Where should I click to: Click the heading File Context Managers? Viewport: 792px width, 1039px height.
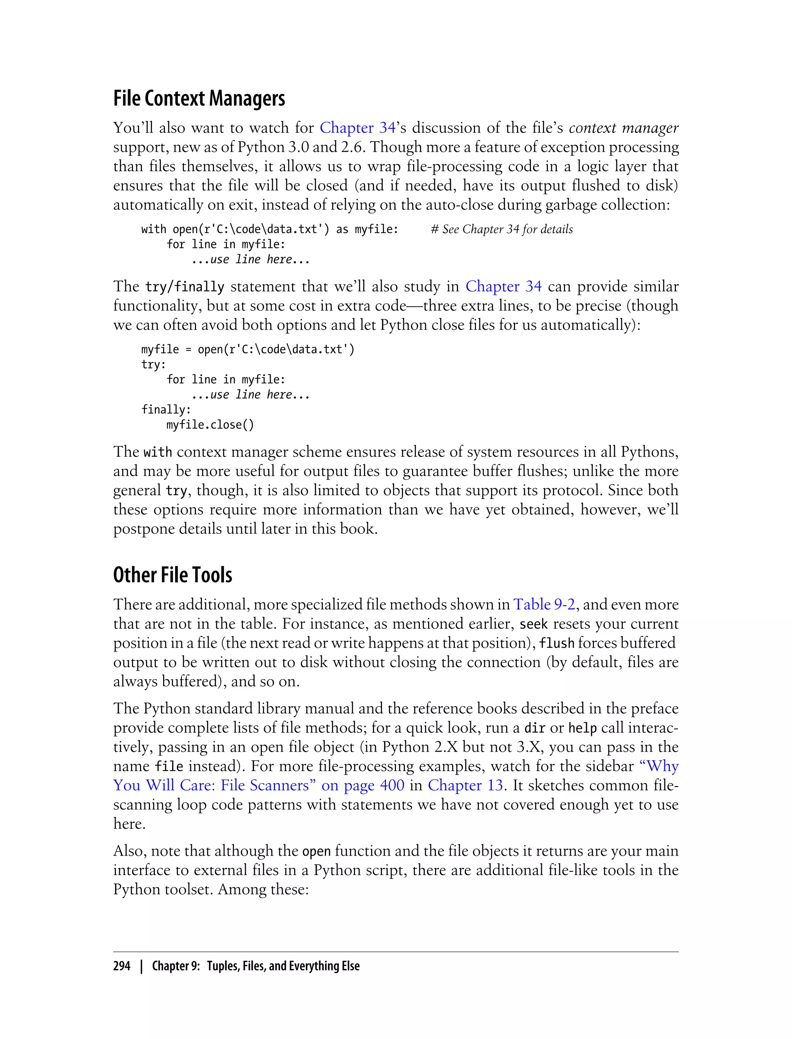[x=199, y=98]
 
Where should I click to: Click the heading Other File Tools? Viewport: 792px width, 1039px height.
[x=172, y=575]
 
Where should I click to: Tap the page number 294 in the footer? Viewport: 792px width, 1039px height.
[x=122, y=966]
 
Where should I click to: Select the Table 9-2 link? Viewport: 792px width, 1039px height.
[x=544, y=604]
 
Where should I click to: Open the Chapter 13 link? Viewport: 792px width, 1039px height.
[x=465, y=785]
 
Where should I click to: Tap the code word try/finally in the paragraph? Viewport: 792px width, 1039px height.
[x=184, y=287]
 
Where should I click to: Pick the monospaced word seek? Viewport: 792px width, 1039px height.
[x=533, y=624]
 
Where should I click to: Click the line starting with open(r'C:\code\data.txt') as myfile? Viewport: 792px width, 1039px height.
[x=270, y=230]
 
